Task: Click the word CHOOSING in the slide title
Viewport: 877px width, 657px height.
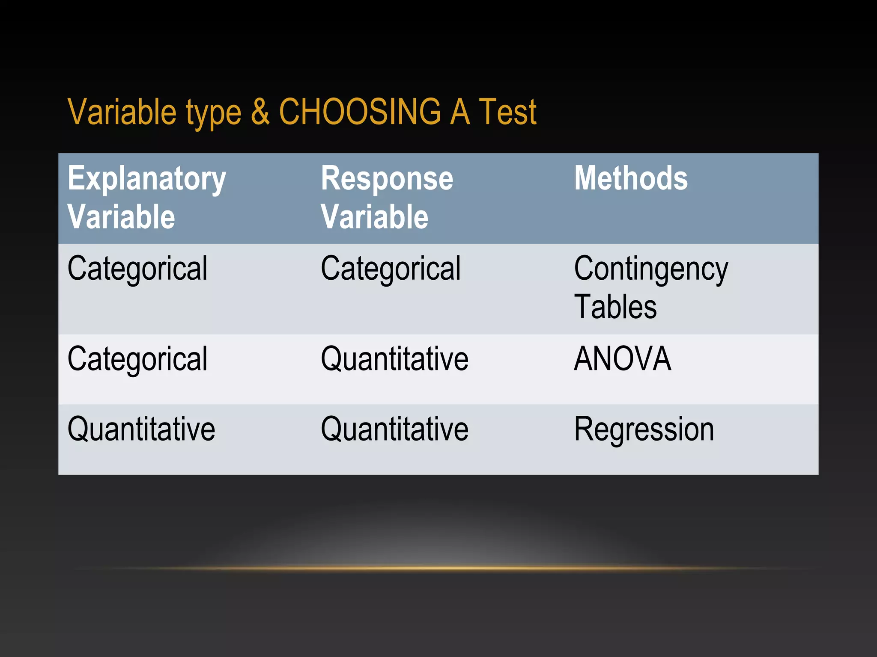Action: click(360, 112)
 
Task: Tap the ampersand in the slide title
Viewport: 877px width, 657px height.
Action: click(260, 112)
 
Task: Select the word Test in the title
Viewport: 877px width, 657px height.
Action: click(507, 112)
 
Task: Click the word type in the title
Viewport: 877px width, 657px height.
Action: click(213, 113)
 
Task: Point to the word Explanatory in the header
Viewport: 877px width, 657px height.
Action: click(147, 179)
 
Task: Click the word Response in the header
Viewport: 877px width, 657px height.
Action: click(387, 179)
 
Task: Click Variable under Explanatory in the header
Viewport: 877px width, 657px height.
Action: click(121, 217)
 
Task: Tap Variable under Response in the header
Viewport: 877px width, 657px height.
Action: click(375, 217)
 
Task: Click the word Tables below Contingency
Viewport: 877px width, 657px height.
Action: click(615, 307)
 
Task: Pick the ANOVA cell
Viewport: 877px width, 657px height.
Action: click(622, 358)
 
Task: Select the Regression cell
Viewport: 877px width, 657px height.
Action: click(644, 429)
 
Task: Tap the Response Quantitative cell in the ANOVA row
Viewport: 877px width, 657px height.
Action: click(394, 358)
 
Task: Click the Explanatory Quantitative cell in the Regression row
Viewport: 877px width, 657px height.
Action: click(141, 429)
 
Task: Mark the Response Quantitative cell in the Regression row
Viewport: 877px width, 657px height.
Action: click(394, 429)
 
